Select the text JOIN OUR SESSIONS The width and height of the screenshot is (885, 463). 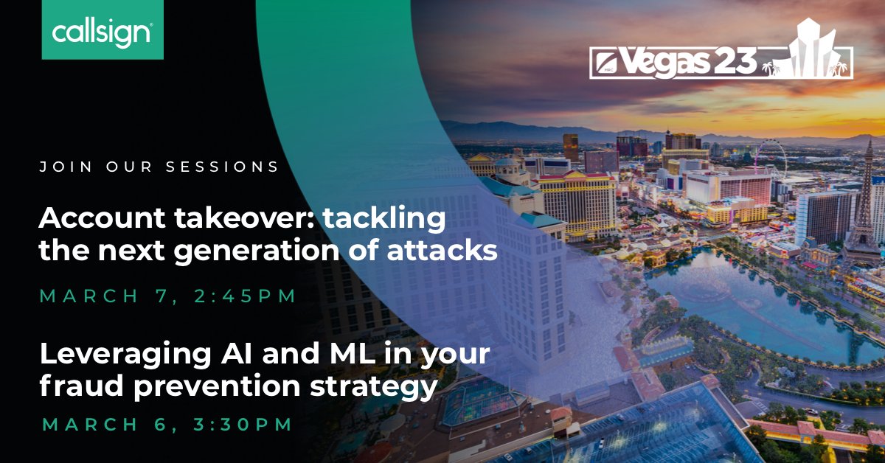(x=159, y=167)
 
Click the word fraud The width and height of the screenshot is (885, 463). (x=70, y=386)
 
